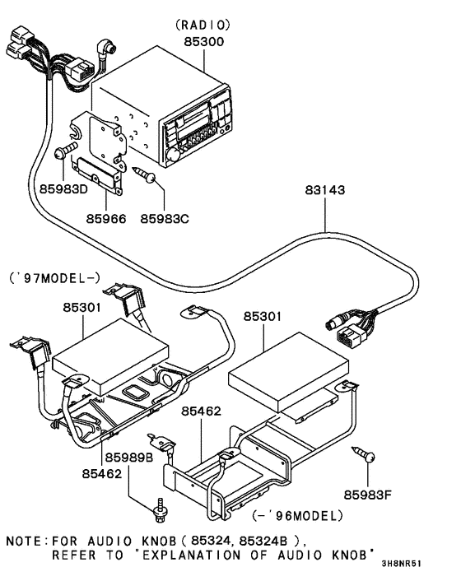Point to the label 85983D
pyautogui.click(x=63, y=188)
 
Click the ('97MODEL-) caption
pyautogui.click(x=54, y=277)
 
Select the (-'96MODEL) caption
pyautogui.click(x=297, y=516)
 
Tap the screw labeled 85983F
pyautogui.click(x=365, y=453)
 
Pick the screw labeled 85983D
pyautogui.click(x=66, y=153)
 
